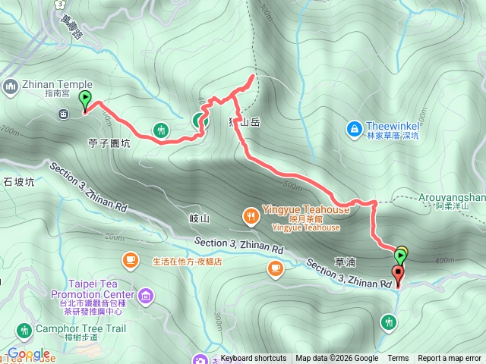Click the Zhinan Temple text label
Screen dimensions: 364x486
click(x=57, y=85)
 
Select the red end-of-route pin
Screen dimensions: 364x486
click(x=398, y=274)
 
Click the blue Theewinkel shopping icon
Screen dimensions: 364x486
click(x=353, y=130)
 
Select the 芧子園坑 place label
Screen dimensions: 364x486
click(x=109, y=142)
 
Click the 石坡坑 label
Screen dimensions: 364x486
click(x=19, y=182)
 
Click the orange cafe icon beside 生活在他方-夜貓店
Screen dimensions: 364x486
click(x=130, y=261)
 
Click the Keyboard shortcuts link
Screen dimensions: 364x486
click(x=254, y=359)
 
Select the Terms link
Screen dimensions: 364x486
click(x=398, y=359)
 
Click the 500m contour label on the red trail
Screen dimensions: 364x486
click(x=292, y=185)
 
